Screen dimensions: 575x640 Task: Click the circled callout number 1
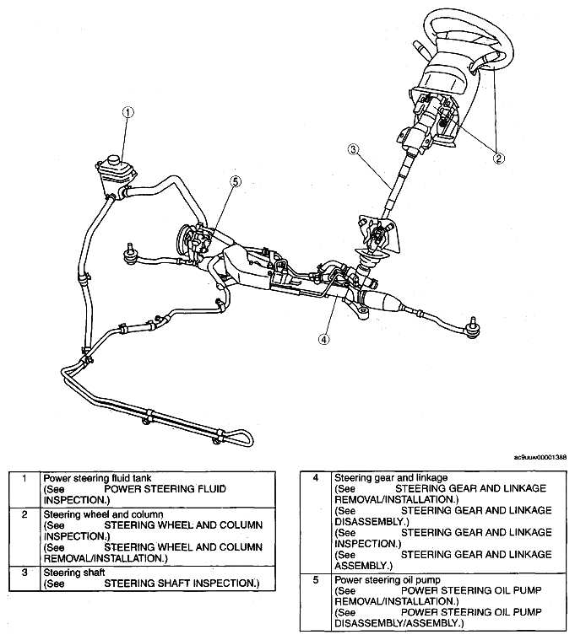pyautogui.click(x=128, y=112)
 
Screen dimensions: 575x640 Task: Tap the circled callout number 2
pyautogui.click(x=498, y=158)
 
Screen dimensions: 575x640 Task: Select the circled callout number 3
pyautogui.click(x=353, y=149)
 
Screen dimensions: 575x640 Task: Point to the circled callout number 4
pyautogui.click(x=323, y=339)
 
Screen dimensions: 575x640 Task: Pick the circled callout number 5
pyautogui.click(x=236, y=181)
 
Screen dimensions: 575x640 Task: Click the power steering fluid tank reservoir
pyautogui.click(x=115, y=175)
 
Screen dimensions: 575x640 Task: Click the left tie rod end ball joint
pyautogui.click(x=131, y=255)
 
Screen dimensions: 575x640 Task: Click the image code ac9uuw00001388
pyautogui.click(x=540, y=458)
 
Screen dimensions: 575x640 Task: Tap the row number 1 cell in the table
pyautogui.click(x=24, y=490)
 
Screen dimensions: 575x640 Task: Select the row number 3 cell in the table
pyautogui.click(x=24, y=578)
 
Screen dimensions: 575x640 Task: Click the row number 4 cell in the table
pyautogui.click(x=316, y=522)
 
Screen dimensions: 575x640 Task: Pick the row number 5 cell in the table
pyautogui.click(x=316, y=602)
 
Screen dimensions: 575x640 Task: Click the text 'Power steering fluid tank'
pyautogui.click(x=97, y=478)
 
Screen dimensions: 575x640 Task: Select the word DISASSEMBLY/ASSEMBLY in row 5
pyautogui.click(x=396, y=623)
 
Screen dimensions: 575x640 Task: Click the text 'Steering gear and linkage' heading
pyautogui.click(x=391, y=477)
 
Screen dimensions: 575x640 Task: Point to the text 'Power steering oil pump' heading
pyautogui.click(x=388, y=579)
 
